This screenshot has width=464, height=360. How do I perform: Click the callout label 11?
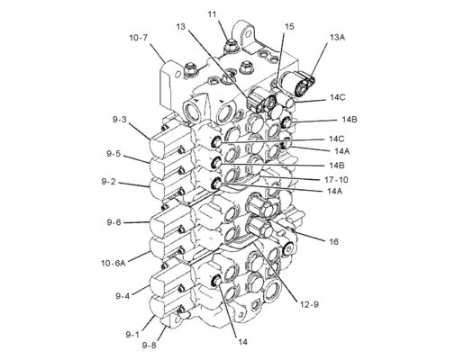tap(212, 14)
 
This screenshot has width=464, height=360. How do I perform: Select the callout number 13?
tap(181, 26)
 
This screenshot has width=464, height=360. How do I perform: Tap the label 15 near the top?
tap(289, 26)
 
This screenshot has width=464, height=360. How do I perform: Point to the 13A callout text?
tap(337, 38)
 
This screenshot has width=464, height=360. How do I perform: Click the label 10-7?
tap(139, 38)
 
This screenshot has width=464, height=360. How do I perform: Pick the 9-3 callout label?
tap(120, 120)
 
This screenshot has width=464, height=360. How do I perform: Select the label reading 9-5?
tap(114, 154)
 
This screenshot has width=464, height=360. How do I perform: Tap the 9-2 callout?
tap(108, 181)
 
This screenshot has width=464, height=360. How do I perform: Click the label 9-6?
tap(114, 222)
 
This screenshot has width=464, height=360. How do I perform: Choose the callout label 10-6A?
tap(114, 263)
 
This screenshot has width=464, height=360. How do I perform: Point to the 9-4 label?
tap(123, 296)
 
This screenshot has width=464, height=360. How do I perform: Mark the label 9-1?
tap(132, 334)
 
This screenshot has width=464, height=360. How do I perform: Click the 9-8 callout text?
tap(150, 346)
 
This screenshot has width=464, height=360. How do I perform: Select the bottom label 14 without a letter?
tap(243, 342)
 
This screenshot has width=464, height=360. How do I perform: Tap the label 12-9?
tap(309, 304)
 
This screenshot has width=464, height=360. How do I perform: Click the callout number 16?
tap(333, 241)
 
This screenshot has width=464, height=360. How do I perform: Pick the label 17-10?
tap(336, 180)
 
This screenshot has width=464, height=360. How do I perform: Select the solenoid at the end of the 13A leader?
tap(297, 83)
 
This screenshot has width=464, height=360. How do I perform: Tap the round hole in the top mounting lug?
tap(249, 31)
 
